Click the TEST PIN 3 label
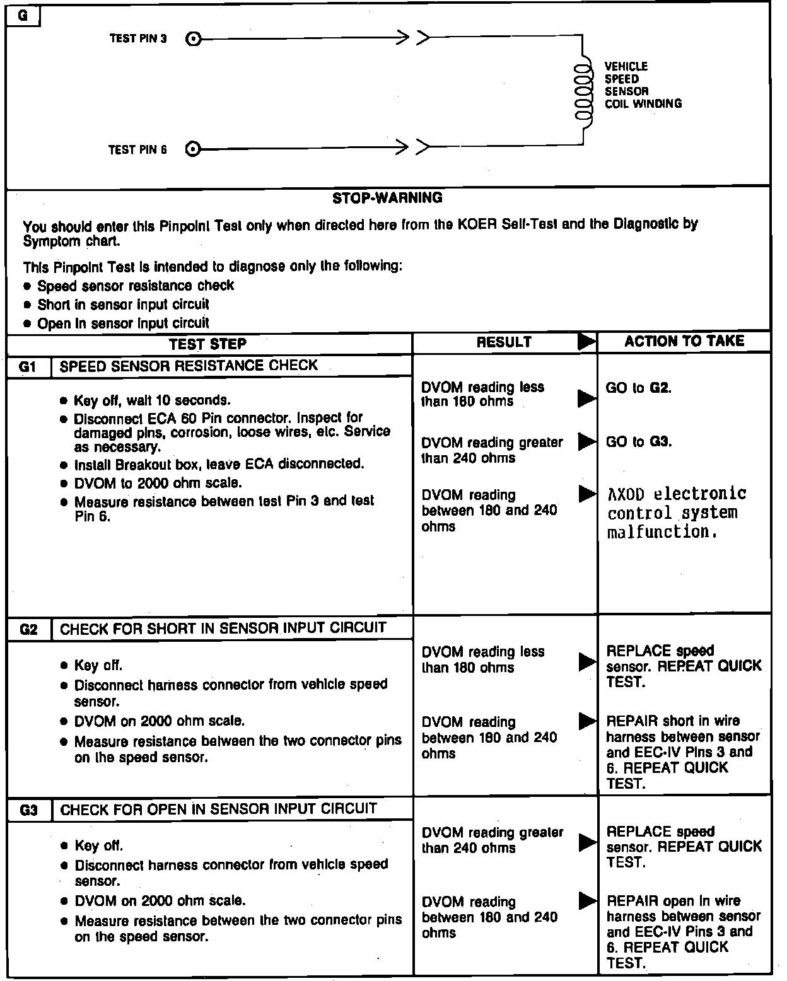(x=138, y=38)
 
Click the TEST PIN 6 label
(x=137, y=149)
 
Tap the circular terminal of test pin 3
(x=194, y=39)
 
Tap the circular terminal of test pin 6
(x=194, y=149)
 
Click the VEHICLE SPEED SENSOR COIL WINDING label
(x=642, y=85)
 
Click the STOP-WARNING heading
(x=387, y=198)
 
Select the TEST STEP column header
(x=207, y=344)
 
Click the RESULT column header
(x=504, y=342)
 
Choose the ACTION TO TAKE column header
(x=684, y=341)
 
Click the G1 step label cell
(x=28, y=366)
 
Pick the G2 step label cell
(x=29, y=629)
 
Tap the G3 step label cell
(x=29, y=810)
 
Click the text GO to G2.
(x=638, y=388)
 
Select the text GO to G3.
(x=638, y=442)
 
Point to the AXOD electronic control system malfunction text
(x=676, y=513)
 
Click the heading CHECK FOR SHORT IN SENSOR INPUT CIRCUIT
(x=223, y=628)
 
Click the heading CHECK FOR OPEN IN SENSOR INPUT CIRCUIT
(x=218, y=809)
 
